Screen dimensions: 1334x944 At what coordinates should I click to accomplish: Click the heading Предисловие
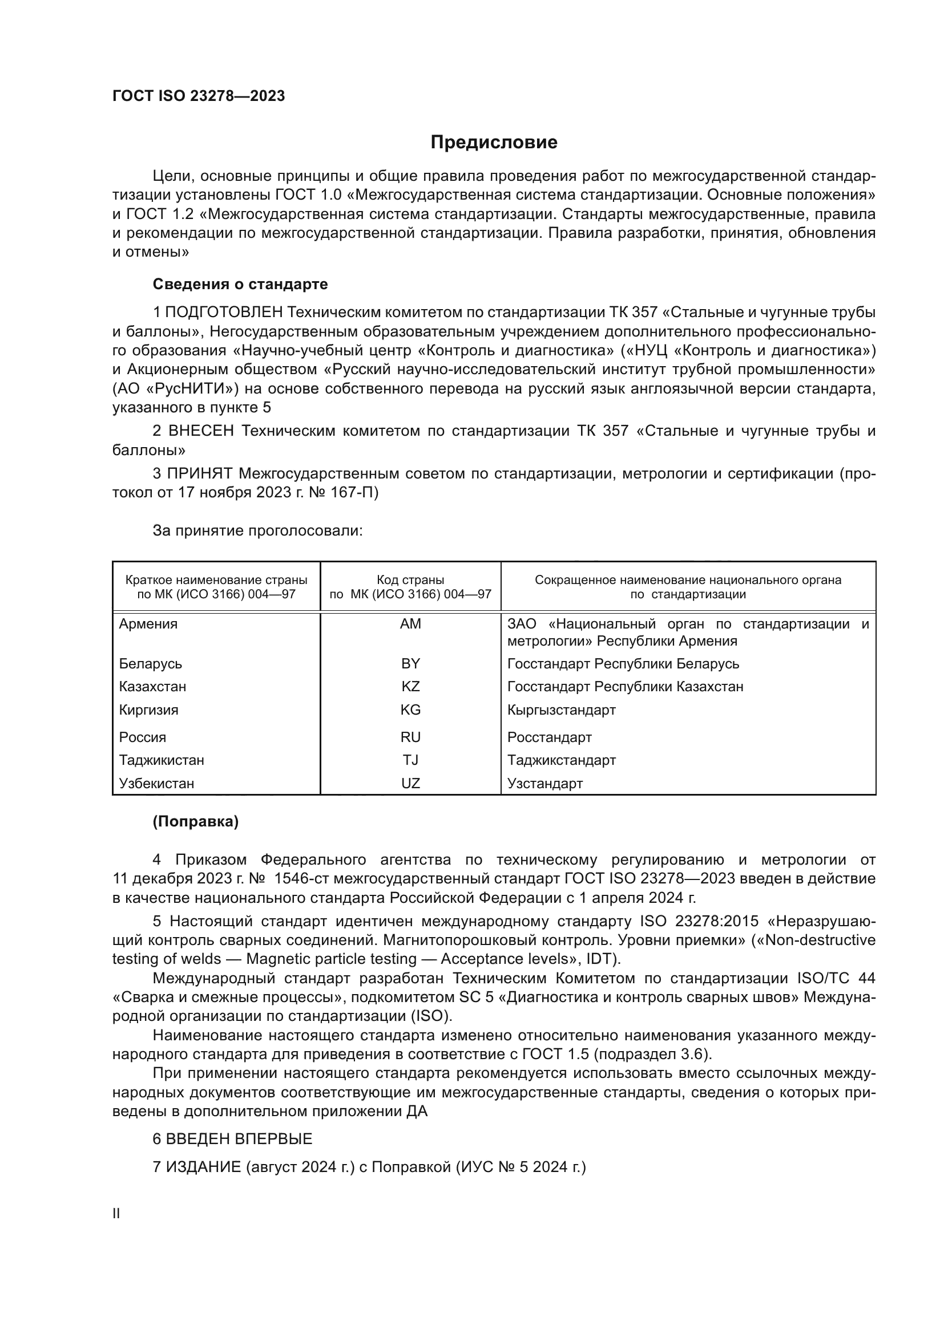click(x=494, y=143)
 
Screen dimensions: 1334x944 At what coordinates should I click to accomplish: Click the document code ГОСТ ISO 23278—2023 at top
click(x=198, y=96)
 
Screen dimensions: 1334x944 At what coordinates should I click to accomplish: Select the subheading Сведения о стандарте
click(x=240, y=284)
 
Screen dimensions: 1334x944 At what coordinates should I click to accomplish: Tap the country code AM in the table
click(x=410, y=624)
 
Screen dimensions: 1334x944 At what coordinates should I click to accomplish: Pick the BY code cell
click(x=410, y=663)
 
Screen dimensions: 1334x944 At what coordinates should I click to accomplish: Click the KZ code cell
click(x=410, y=686)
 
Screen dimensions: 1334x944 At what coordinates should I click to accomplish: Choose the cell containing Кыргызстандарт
click(x=561, y=709)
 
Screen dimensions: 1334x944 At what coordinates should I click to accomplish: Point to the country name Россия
click(x=143, y=737)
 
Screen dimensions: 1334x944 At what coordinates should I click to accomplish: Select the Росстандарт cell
click(x=549, y=737)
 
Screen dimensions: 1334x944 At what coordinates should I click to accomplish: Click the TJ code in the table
click(x=410, y=760)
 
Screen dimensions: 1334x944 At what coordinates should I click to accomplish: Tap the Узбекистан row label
click(x=156, y=783)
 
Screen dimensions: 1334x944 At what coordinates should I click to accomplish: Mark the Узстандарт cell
click(x=544, y=783)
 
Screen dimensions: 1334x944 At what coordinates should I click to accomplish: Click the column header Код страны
click(x=410, y=580)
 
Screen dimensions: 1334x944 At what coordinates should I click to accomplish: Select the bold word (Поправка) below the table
click(x=195, y=821)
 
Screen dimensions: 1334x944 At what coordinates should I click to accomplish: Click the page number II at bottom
click(x=116, y=1213)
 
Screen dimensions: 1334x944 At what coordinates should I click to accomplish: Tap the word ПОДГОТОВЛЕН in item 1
click(x=224, y=313)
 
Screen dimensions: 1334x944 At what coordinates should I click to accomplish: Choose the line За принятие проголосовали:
click(x=257, y=530)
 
